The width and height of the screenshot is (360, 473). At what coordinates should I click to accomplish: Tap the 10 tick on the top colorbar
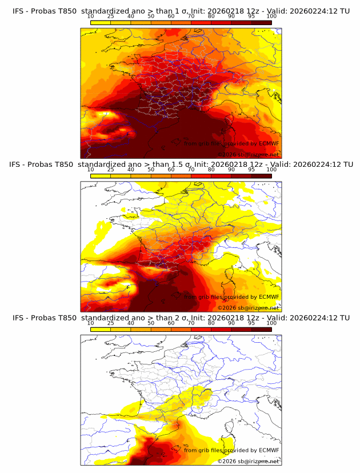click(91, 17)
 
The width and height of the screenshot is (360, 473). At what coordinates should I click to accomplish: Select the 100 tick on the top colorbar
click(271, 17)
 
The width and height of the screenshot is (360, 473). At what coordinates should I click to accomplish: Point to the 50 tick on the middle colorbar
click(151, 170)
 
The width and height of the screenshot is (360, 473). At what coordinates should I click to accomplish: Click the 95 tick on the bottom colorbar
click(251, 323)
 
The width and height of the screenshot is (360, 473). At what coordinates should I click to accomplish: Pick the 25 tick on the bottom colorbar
click(111, 323)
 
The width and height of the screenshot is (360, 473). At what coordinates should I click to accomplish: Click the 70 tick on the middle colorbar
click(191, 170)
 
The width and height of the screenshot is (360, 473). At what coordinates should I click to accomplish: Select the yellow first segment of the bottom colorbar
click(101, 329)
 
